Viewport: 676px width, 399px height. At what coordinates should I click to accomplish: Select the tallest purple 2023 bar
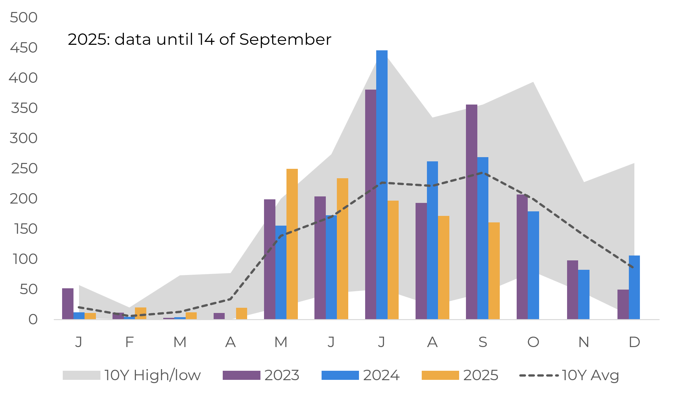tap(370, 204)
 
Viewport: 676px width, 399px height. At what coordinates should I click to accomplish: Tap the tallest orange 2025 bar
tap(292, 244)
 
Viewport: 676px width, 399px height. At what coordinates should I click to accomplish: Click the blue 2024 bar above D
tap(634, 287)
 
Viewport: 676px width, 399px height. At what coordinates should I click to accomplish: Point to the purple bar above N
tap(572, 290)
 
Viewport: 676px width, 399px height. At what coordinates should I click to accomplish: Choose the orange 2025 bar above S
tap(494, 271)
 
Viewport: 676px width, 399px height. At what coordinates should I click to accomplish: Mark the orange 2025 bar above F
tap(140, 313)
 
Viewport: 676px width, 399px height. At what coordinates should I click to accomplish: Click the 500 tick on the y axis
tap(24, 18)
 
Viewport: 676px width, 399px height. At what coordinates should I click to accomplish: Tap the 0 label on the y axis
tap(33, 320)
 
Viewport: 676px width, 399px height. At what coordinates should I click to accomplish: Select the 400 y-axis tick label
tap(23, 78)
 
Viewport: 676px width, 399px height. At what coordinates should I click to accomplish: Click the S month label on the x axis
tap(483, 342)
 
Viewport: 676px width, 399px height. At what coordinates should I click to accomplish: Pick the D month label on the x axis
tap(634, 342)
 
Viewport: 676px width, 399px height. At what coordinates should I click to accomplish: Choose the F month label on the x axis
tap(129, 342)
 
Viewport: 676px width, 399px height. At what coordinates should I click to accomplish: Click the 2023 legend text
tap(282, 375)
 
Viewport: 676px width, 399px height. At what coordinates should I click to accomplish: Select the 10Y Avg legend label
tap(590, 375)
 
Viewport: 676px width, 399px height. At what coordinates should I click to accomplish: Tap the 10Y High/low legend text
tap(152, 375)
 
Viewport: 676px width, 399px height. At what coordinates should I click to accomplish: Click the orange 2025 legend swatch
tap(440, 375)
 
